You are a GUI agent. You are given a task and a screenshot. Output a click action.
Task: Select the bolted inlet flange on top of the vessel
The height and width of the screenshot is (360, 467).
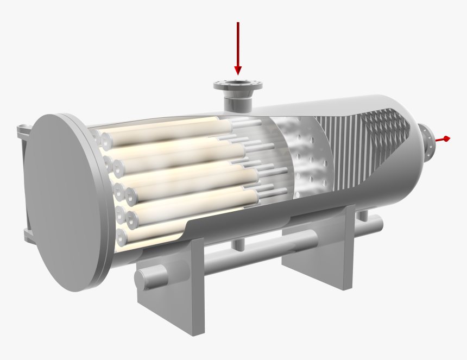[237, 85]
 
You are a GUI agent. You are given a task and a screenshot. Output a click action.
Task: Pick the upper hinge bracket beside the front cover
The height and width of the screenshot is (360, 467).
[24, 131]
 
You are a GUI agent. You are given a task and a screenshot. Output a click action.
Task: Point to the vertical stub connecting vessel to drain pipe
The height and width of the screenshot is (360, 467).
[238, 245]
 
